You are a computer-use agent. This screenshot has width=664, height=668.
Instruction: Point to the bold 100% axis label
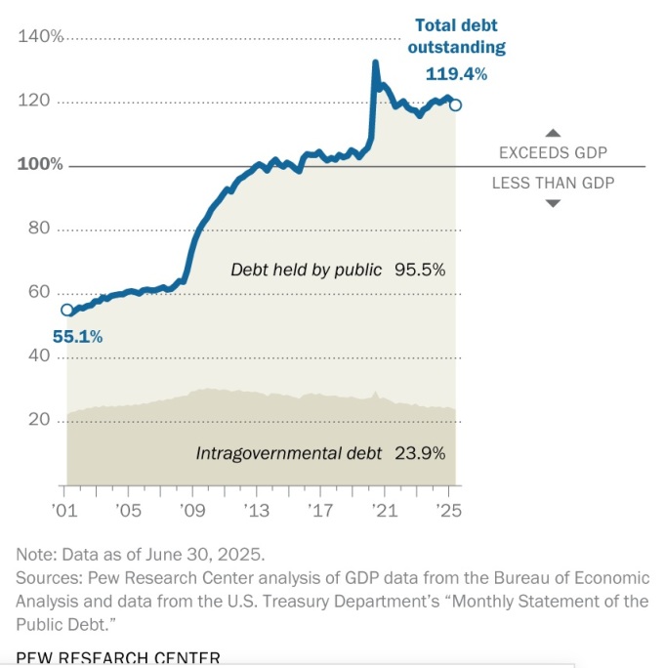click(x=40, y=164)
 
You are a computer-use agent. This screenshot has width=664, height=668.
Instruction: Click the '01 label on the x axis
click(x=64, y=510)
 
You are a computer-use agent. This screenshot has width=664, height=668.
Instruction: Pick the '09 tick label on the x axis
click(x=191, y=510)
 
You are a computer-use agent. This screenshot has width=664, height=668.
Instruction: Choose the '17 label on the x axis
click(x=320, y=510)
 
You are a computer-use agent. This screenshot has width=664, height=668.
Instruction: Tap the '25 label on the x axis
click(x=448, y=510)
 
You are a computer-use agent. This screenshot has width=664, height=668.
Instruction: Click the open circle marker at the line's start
click(x=66, y=310)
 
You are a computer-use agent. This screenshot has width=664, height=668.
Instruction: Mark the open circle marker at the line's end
click(x=456, y=104)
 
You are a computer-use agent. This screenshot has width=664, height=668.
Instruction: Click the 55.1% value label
click(x=77, y=337)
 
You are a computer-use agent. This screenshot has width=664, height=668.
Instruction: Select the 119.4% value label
click(x=457, y=73)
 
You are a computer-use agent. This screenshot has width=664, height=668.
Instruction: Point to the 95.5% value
click(x=420, y=270)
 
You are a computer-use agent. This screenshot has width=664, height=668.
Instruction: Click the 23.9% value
click(x=420, y=453)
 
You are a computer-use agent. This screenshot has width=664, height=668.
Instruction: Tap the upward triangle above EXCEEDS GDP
click(x=553, y=133)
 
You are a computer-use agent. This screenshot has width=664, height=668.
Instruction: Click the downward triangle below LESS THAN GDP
click(x=553, y=203)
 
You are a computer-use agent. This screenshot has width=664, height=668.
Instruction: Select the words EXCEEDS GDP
click(x=553, y=152)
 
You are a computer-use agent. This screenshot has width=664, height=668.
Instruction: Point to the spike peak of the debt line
click(x=375, y=63)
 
